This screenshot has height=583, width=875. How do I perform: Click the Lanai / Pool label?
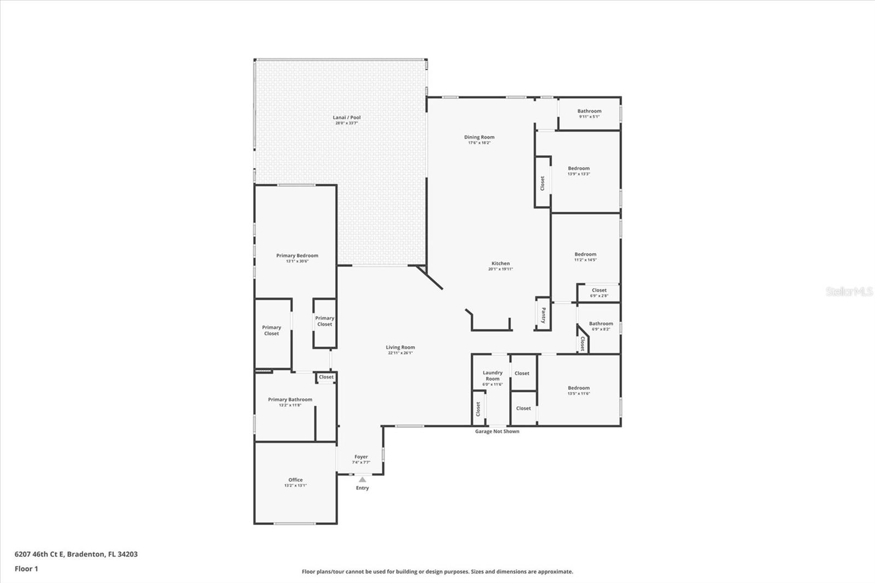click(347, 118)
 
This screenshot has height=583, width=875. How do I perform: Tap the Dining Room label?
click(479, 137)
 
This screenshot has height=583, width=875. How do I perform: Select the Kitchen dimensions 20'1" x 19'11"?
click(500, 269)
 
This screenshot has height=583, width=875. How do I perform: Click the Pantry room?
click(542, 315)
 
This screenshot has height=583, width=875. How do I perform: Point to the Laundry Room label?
click(492, 376)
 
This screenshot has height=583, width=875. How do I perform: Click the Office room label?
click(295, 480)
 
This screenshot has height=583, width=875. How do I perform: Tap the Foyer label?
click(361, 457)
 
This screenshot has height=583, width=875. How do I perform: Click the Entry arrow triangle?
click(362, 480)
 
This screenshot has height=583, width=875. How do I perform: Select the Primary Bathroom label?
click(290, 399)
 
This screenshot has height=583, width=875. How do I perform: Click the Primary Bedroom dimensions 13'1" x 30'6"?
click(297, 261)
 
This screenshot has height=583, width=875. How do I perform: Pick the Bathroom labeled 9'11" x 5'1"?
click(589, 113)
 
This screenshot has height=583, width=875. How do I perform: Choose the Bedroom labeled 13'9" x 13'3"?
click(579, 171)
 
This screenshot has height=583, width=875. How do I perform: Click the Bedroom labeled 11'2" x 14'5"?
click(585, 256)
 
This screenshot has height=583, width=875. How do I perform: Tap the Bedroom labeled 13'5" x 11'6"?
click(579, 390)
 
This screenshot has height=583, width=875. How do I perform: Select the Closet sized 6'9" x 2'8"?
click(599, 293)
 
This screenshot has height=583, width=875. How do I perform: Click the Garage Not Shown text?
click(497, 432)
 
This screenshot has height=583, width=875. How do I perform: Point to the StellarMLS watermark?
click(849, 291)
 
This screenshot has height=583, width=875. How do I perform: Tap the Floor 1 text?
click(26, 569)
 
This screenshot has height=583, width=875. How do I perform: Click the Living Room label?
click(400, 347)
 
